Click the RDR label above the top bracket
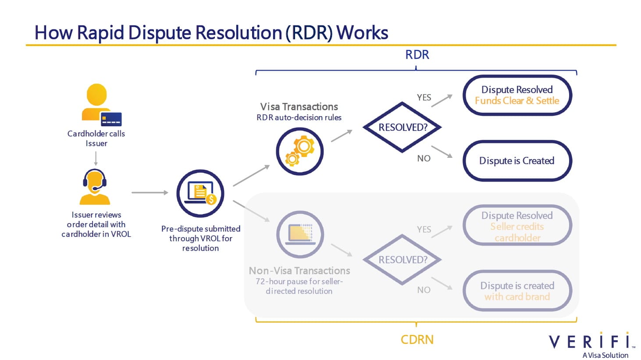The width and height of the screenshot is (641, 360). pos(417,55)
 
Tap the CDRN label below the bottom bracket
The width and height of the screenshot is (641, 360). pos(417,340)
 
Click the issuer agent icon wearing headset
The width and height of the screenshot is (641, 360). pos(95,186)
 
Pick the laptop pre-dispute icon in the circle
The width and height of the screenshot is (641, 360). pos(200,193)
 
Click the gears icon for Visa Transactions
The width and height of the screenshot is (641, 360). pos(299,151)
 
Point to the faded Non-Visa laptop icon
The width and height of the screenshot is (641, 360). pos(300,234)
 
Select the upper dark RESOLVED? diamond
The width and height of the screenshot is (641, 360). pos(402,127)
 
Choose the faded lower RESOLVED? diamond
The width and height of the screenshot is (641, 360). pos(402,260)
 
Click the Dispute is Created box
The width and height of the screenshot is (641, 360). pos(517,161)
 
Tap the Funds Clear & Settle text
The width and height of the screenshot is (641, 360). pos(517,101)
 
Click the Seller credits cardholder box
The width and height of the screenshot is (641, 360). pos(517,226)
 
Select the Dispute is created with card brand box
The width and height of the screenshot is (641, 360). pos(517,291)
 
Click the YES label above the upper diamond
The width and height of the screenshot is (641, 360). pos(424,97)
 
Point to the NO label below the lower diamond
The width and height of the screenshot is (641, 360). pos(424,290)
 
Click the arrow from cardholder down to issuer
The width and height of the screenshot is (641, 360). pos(96,158)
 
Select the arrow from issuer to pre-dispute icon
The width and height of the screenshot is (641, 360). pos(150,192)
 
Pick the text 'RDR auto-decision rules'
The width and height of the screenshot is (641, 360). pos(299,118)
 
